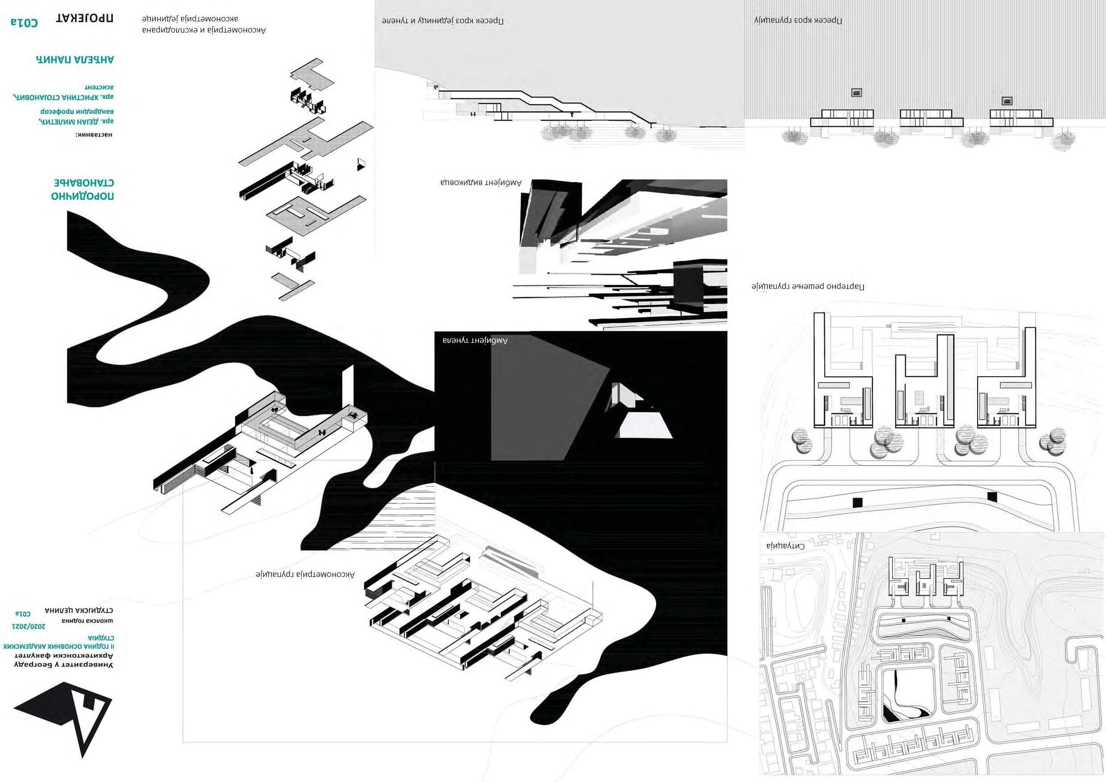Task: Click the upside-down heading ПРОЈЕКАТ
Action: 85,19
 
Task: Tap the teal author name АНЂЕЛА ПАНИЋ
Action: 75,60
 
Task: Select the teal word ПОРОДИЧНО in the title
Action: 83,196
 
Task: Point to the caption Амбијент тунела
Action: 475,341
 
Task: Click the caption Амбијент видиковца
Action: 480,182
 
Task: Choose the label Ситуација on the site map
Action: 785,546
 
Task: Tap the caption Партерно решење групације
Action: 808,287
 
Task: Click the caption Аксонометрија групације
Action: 305,574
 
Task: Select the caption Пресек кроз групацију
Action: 798,20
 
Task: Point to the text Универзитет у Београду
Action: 63,665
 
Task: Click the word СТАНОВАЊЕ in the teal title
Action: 84,183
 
